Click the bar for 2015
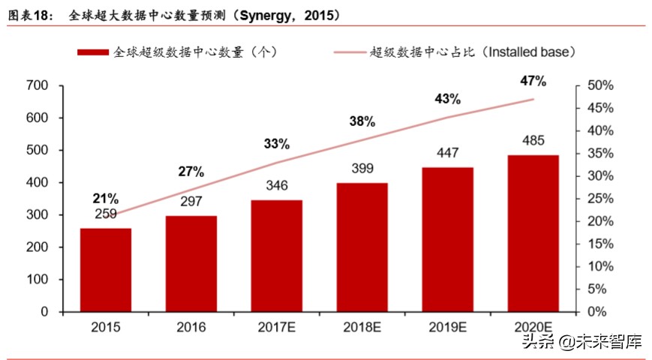(x=106, y=270)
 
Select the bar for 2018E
(x=362, y=247)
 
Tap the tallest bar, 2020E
(x=533, y=233)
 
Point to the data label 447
(x=447, y=153)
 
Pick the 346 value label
(x=276, y=185)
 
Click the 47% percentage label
(x=533, y=82)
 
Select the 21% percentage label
(x=106, y=198)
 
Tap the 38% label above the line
(x=362, y=121)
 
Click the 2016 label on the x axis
(x=191, y=327)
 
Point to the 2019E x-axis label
(x=447, y=327)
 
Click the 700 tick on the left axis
(x=37, y=86)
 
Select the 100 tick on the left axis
(x=37, y=279)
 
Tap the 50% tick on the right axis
(x=600, y=86)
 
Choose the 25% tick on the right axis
(x=600, y=199)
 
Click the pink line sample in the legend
(x=350, y=52)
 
